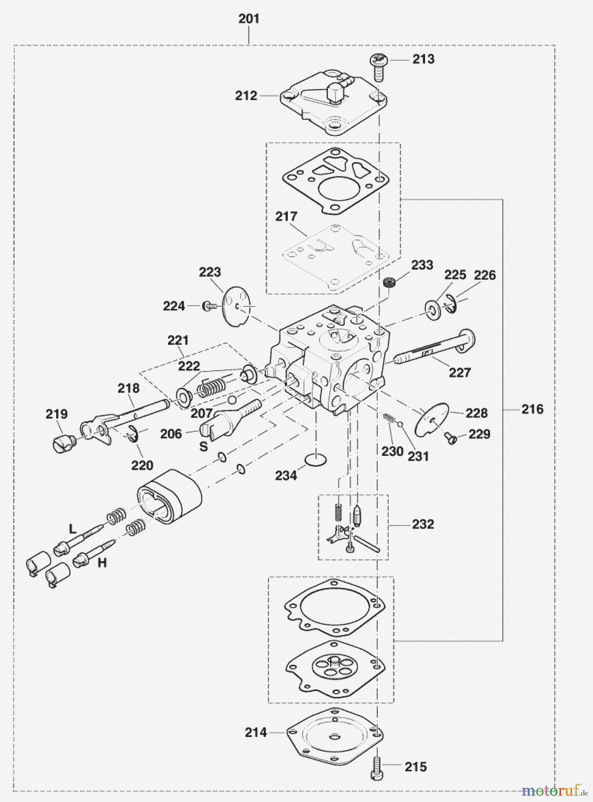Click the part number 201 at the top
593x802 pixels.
(249, 19)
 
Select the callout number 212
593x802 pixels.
(246, 95)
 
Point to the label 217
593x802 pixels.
(286, 217)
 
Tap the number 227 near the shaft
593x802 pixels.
(460, 372)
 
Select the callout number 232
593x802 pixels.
(422, 524)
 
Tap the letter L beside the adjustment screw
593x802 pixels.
(73, 529)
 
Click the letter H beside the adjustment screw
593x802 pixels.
(102, 563)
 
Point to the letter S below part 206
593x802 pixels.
(203, 446)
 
